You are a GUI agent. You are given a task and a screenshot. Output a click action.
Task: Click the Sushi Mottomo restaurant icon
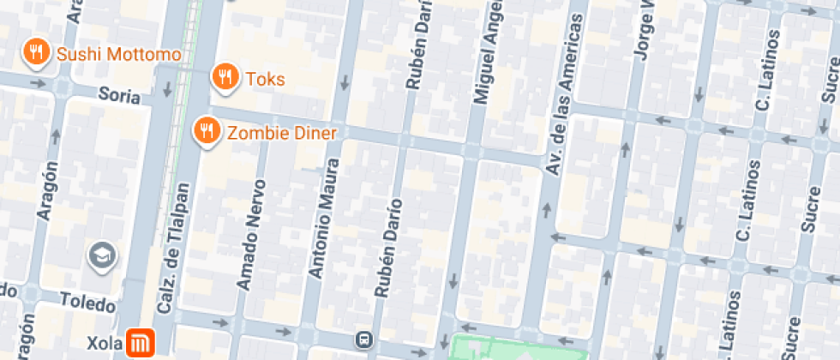[35, 53]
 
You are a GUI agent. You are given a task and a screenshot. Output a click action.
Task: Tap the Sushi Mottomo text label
[118, 55]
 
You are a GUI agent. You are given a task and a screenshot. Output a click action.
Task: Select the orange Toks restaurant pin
[224, 77]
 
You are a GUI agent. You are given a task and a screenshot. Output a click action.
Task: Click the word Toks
[265, 80]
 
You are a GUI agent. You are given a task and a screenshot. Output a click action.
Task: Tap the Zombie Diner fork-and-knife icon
[205, 131]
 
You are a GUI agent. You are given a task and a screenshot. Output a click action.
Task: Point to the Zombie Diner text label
[281, 133]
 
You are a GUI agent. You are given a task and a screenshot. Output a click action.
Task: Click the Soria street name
[118, 95]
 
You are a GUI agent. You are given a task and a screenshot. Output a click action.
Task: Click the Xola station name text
[105, 343]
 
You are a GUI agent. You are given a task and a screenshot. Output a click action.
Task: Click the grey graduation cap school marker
[102, 255]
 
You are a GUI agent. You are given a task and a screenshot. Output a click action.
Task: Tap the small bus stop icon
[366, 339]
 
